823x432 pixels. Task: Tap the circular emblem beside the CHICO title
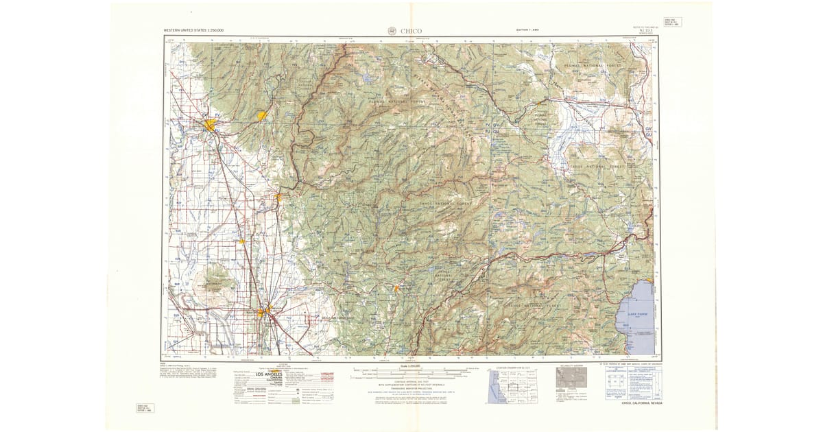tap(392, 30)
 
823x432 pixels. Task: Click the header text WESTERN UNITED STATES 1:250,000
tap(193, 31)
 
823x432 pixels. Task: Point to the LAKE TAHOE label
tap(636, 313)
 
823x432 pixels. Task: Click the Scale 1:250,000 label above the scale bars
tap(411, 367)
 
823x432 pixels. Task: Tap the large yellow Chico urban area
tap(210, 125)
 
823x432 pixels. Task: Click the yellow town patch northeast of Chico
tap(261, 116)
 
